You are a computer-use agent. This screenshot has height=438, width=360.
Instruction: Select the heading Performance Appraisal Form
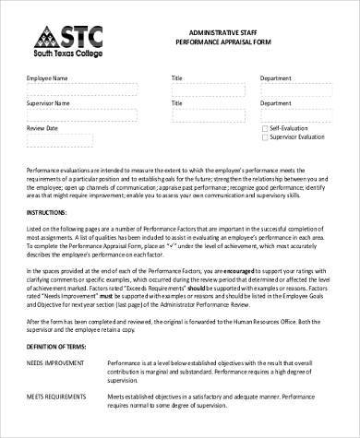[x=222, y=42]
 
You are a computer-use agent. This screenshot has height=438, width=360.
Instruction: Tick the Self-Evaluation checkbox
[x=263, y=128]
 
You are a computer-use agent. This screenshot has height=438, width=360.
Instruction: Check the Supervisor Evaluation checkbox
[x=263, y=136]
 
